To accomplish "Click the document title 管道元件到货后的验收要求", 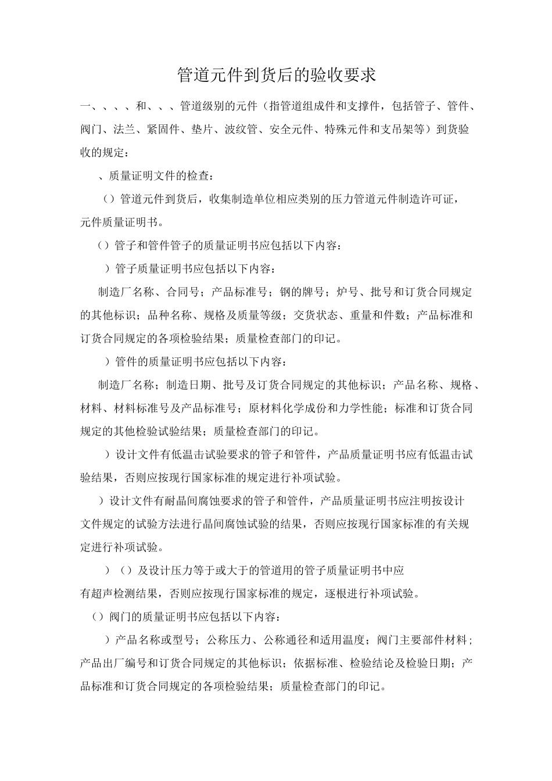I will pyautogui.click(x=276, y=75).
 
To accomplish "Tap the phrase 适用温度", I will pyautogui.click(x=342, y=640).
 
